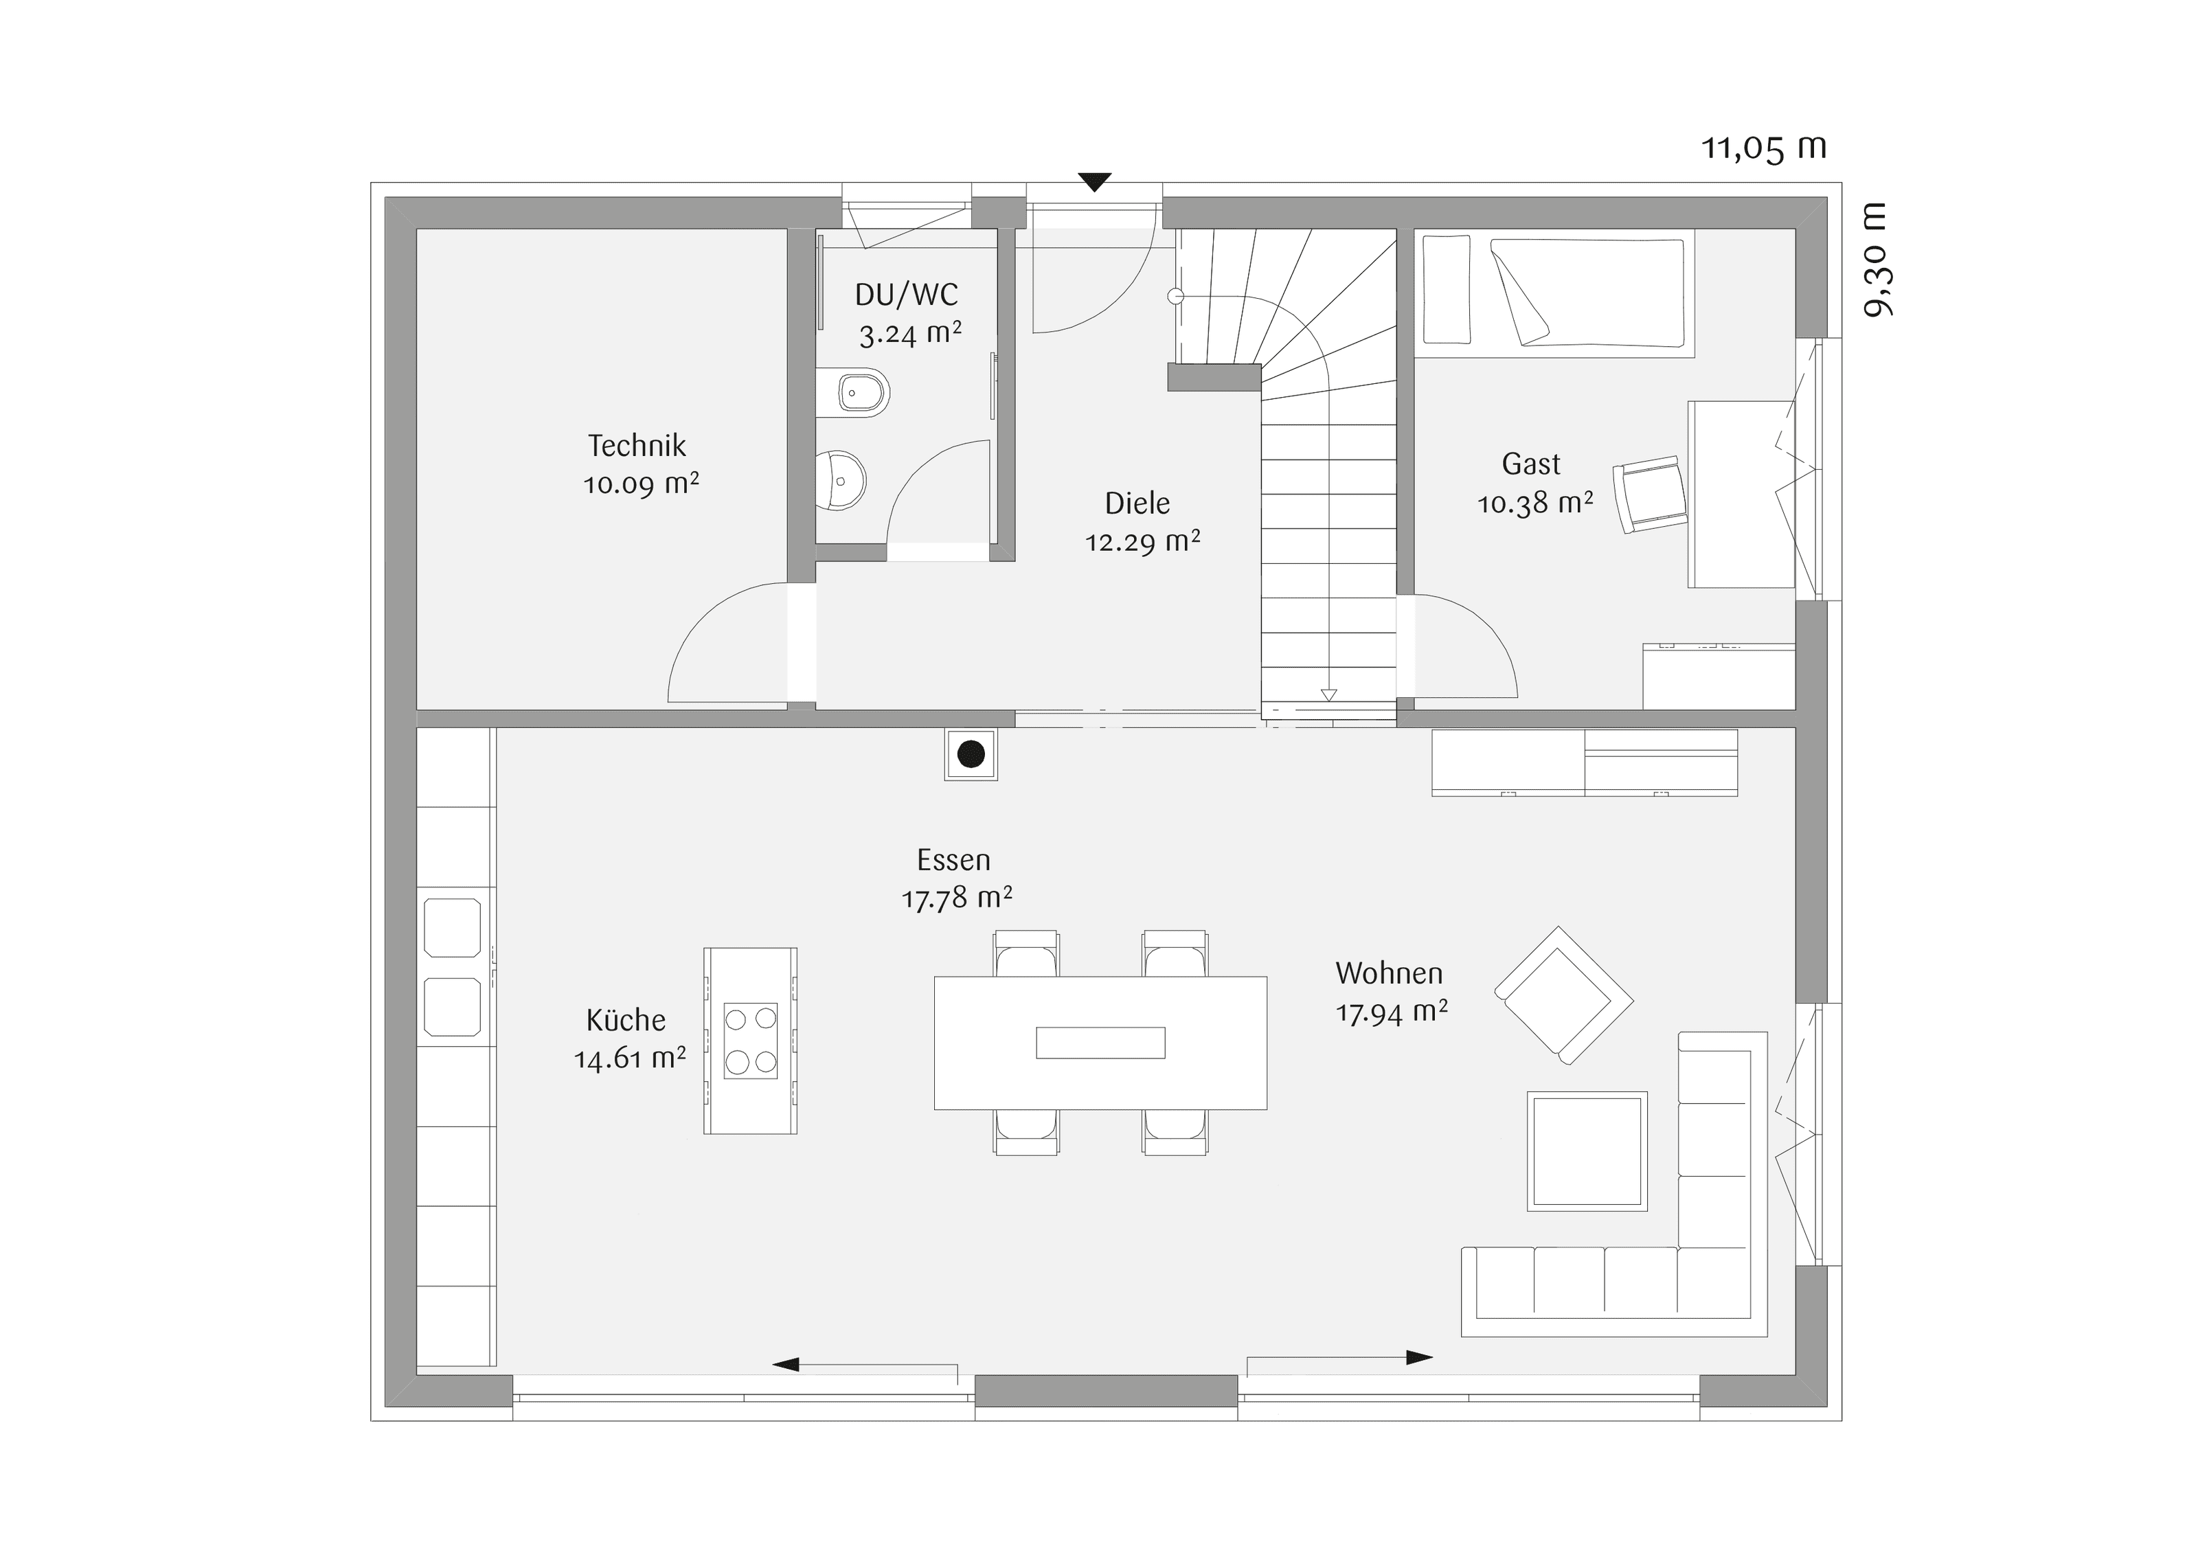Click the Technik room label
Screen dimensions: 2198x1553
point(637,445)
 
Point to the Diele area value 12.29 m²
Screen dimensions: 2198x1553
point(1142,542)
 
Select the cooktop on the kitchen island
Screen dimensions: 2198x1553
point(751,1041)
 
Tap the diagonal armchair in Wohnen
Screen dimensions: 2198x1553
point(1563,996)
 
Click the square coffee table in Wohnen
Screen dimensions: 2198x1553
point(1587,1151)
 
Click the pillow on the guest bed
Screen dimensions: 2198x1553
point(1446,289)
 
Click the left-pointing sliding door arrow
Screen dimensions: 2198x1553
point(865,1364)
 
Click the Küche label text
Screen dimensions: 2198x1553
point(626,1020)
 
